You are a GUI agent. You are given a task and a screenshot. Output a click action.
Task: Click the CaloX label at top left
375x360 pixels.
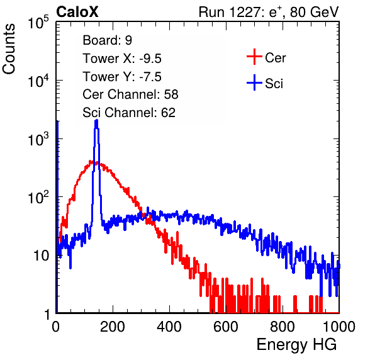pyautogui.click(x=77, y=12)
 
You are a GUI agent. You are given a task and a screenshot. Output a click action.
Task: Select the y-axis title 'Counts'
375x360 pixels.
pyautogui.click(x=9, y=48)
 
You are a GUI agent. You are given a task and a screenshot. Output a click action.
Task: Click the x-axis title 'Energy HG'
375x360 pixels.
pyautogui.click(x=296, y=344)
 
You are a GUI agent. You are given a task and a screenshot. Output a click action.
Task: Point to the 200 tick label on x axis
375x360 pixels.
pyautogui.click(x=113, y=326)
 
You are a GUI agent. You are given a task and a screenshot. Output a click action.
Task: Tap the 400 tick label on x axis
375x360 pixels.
pyautogui.click(x=169, y=326)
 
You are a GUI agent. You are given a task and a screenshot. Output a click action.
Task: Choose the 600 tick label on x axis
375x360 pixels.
pyautogui.click(x=226, y=326)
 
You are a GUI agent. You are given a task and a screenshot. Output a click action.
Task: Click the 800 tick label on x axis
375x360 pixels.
pyautogui.click(x=283, y=326)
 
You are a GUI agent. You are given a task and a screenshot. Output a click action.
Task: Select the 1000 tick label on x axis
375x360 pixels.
pyautogui.click(x=339, y=326)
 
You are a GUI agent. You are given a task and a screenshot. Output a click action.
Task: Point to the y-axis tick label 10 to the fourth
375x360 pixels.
pyautogui.click(x=38, y=81)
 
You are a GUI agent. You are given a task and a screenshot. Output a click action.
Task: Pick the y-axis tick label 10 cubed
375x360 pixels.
pyautogui.click(x=38, y=139)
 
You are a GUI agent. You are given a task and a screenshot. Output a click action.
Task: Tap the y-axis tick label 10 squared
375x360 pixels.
pyautogui.click(x=38, y=198)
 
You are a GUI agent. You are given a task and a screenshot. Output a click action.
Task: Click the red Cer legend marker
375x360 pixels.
pyautogui.click(x=254, y=57)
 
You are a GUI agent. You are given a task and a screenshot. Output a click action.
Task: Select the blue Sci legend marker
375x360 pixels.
pyautogui.click(x=254, y=83)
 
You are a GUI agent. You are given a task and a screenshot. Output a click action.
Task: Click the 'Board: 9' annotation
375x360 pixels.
pyautogui.click(x=108, y=40)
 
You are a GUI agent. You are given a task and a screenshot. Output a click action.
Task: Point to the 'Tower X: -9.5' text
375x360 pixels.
pyautogui.click(x=122, y=59)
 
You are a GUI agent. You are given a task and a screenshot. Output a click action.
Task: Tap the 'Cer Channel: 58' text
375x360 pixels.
pyautogui.click(x=130, y=94)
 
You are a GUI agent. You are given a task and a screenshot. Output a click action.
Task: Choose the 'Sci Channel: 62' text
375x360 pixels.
pyautogui.click(x=129, y=113)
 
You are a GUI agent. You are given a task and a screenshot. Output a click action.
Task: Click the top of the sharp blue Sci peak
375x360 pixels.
pyautogui.click(x=96, y=120)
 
